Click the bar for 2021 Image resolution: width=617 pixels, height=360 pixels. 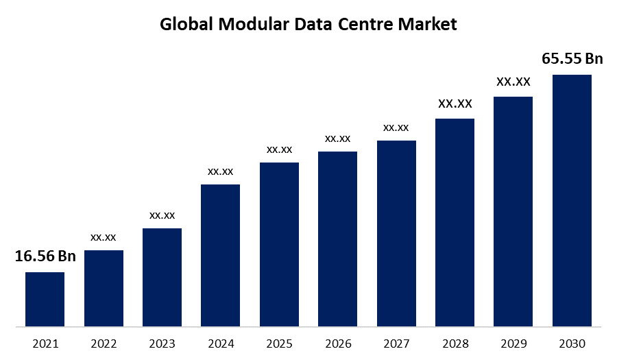click(x=45, y=299)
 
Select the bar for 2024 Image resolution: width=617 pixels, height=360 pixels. click(x=220, y=255)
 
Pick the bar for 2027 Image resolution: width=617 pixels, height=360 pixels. click(x=396, y=233)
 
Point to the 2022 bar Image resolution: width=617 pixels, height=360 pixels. click(x=104, y=288)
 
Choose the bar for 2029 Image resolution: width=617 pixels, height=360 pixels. click(x=513, y=211)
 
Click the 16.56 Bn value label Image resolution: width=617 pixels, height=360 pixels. click(x=45, y=256)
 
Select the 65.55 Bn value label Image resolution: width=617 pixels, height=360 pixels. click(x=572, y=59)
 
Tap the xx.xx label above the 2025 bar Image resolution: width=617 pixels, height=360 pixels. click(x=279, y=149)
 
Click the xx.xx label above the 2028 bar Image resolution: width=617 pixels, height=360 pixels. click(x=455, y=104)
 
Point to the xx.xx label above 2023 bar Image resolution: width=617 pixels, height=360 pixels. click(x=162, y=215)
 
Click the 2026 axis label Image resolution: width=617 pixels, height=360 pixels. click(x=338, y=344)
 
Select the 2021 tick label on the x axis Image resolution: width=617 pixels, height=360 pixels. click(x=45, y=344)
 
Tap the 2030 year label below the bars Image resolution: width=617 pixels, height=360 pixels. click(x=572, y=344)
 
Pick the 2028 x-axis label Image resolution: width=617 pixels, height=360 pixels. click(x=455, y=344)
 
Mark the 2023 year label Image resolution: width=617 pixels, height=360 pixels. click(x=162, y=344)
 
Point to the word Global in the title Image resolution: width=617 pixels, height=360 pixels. click(x=185, y=25)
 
